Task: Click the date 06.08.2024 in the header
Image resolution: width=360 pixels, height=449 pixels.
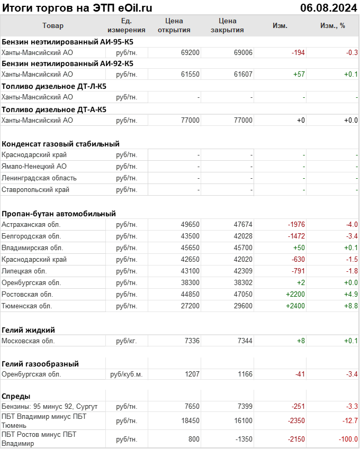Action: [x=328, y=7]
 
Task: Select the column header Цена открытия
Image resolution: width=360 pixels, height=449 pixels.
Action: [x=174, y=25]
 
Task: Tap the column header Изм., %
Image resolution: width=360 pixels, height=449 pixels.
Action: [x=332, y=25]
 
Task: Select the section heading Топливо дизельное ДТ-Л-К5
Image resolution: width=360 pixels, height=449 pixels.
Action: [x=54, y=86]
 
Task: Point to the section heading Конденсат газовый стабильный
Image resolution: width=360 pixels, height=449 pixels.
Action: [x=60, y=144]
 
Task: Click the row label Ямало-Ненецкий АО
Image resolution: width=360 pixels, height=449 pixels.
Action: [x=34, y=167]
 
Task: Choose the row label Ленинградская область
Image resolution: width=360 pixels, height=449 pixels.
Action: [x=39, y=178]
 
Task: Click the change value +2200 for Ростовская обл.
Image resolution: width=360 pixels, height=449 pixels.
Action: [x=295, y=295]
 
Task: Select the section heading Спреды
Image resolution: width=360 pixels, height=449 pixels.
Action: [x=16, y=396]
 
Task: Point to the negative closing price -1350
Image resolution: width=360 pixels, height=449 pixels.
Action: [x=243, y=439]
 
